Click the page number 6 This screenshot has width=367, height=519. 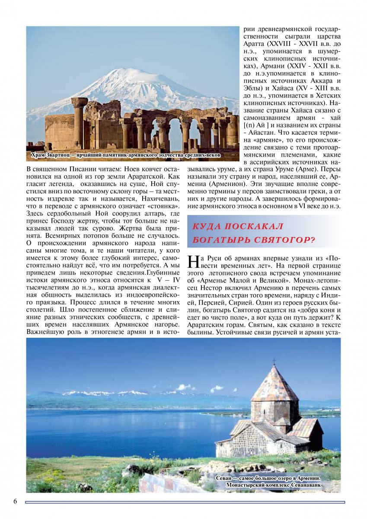[15, 501]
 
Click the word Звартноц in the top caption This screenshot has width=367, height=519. [65, 155]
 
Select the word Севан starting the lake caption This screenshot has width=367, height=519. [225, 478]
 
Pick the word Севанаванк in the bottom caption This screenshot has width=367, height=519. [303, 485]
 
